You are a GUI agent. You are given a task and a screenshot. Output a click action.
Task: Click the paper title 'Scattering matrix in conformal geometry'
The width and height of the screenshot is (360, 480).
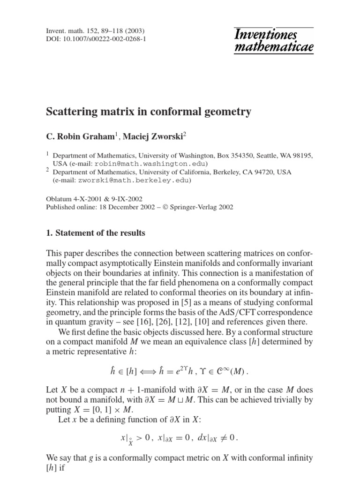(x=148, y=112)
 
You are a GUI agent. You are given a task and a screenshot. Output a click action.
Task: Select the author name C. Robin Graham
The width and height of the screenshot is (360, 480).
(x=80, y=135)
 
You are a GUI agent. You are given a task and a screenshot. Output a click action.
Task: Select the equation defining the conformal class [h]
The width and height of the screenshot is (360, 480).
(x=180, y=374)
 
